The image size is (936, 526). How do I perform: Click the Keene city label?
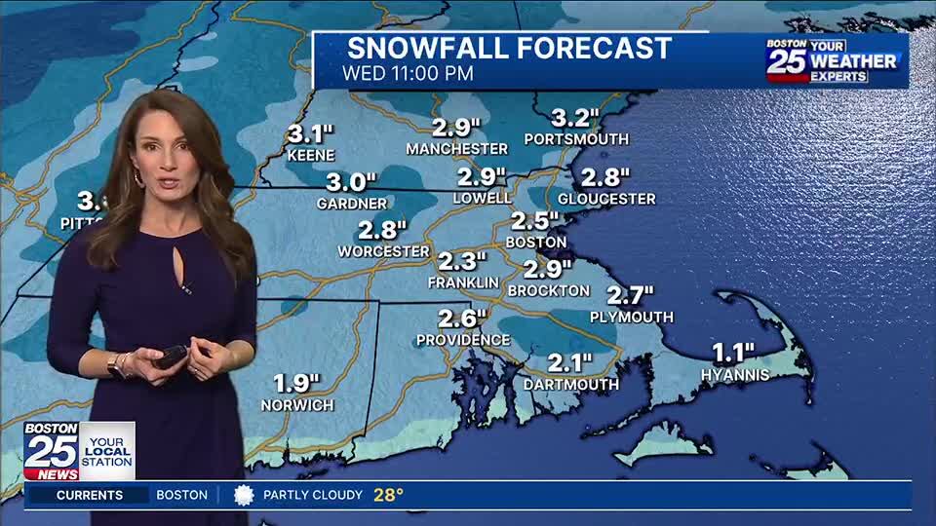(x=311, y=155)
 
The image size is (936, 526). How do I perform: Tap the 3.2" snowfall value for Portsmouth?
(x=574, y=118)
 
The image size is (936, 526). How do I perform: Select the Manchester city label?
(x=457, y=149)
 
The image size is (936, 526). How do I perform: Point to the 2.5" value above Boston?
(x=535, y=221)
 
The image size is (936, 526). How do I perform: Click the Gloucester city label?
(x=606, y=199)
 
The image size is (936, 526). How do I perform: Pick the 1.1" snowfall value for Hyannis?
(x=733, y=353)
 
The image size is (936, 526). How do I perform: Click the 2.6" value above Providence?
(x=462, y=319)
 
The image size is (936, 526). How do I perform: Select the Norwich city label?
(x=297, y=404)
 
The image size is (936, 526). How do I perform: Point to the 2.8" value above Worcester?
(x=382, y=230)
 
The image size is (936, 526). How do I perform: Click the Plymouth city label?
(x=632, y=317)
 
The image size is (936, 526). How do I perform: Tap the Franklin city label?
(x=463, y=282)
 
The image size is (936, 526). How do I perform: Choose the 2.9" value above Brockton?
(x=547, y=269)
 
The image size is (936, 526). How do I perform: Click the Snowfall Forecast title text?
(x=509, y=48)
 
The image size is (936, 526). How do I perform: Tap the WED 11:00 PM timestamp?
(x=408, y=73)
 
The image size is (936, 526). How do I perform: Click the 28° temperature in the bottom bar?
(x=388, y=495)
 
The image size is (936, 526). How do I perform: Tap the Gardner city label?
(x=352, y=204)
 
